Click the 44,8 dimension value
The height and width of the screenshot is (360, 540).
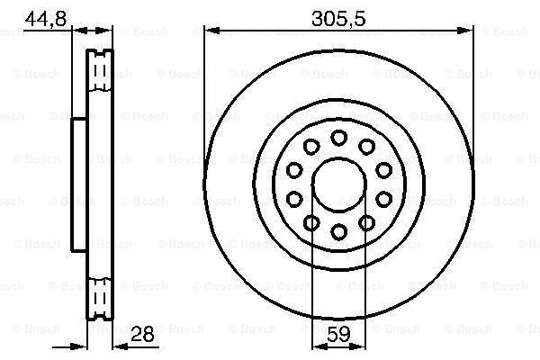pos(46,18)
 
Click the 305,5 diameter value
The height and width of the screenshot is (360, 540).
pos(338,18)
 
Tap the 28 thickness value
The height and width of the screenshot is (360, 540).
pos(142,334)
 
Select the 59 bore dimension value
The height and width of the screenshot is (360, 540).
pos(338,334)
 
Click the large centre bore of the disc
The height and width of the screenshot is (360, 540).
pos(339,184)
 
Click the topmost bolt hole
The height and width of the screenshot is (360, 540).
pos(339,138)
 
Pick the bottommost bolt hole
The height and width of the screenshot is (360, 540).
pos(339,231)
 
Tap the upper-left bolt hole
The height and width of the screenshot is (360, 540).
pos(311,147)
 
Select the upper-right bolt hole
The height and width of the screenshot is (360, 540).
pos(366,147)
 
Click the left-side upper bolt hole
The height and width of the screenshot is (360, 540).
pos(294,170)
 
